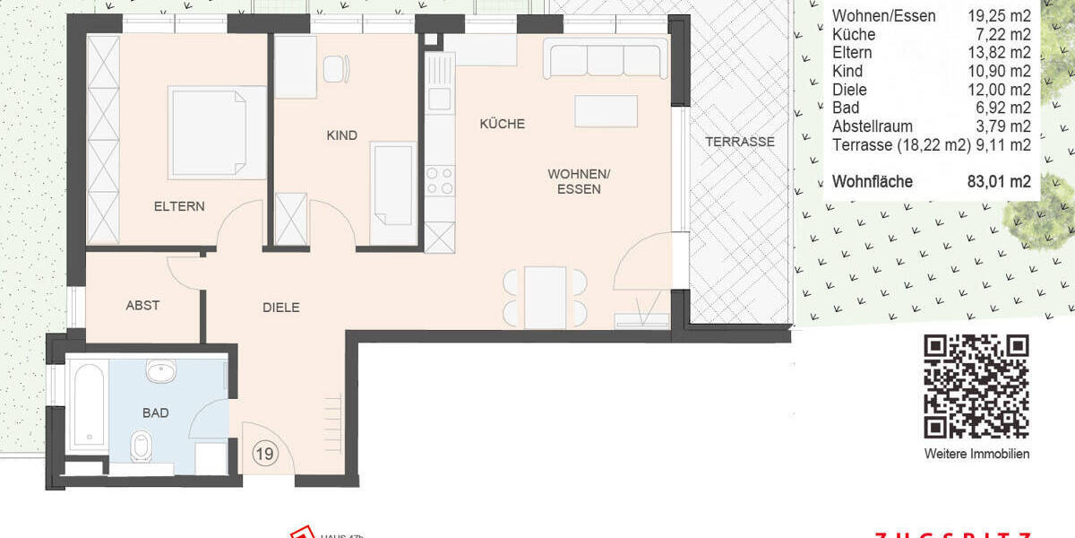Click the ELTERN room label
(x=179, y=206)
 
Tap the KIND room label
(x=341, y=135)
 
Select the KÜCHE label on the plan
(x=502, y=124)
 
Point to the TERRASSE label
(x=739, y=142)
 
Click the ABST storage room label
(x=142, y=305)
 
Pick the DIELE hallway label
(x=280, y=307)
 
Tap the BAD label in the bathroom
(x=155, y=413)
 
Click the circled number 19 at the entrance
(x=263, y=454)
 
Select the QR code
(x=976, y=386)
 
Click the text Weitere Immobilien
(x=976, y=454)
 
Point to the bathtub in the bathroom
(x=88, y=403)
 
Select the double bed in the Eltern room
(x=215, y=132)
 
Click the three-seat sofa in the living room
(x=605, y=60)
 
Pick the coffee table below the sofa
(x=606, y=111)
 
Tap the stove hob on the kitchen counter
(x=440, y=181)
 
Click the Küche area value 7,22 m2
(x=1006, y=35)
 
